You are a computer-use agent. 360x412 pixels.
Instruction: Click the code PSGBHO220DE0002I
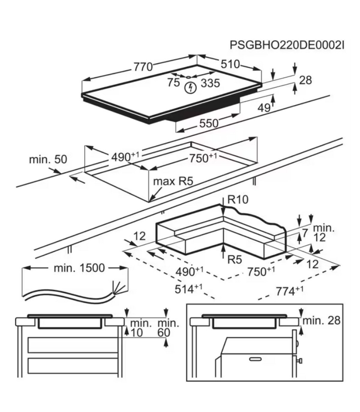[x=287, y=45]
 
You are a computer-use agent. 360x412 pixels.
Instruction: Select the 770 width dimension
[x=143, y=67]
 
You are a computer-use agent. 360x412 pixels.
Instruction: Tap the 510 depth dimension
[x=230, y=64]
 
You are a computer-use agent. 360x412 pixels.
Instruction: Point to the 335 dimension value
[x=210, y=83]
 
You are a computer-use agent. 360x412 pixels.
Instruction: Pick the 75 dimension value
[x=173, y=82]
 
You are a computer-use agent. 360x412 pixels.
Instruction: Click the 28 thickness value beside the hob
[x=305, y=80]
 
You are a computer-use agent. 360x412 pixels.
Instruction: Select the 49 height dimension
[x=264, y=108]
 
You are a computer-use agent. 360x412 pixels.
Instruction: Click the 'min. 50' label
[x=48, y=159]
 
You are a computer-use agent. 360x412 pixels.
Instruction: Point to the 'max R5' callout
[x=172, y=181]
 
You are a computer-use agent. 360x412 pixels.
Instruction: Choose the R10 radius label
[x=238, y=200]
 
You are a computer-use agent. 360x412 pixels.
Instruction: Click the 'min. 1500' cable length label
[x=79, y=268]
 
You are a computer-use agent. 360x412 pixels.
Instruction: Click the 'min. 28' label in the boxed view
[x=321, y=321]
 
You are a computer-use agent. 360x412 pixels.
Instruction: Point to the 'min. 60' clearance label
[x=168, y=328]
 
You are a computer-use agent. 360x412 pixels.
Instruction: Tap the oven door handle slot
[x=255, y=358]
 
